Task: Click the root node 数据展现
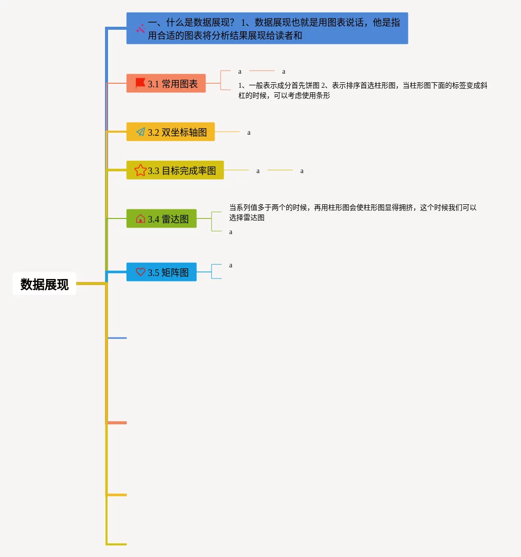click(x=44, y=284)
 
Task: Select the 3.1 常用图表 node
click(x=166, y=84)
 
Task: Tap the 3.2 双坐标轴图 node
click(x=171, y=132)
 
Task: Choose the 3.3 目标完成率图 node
click(x=175, y=171)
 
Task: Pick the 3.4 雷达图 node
click(x=162, y=219)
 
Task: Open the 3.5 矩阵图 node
click(x=162, y=272)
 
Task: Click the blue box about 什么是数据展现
click(x=267, y=29)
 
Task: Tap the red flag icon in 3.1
click(x=140, y=83)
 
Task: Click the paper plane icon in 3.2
click(x=140, y=132)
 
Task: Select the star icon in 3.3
click(x=140, y=171)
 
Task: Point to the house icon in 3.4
click(x=140, y=219)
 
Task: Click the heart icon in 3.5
click(x=140, y=272)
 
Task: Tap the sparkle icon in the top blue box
click(x=140, y=29)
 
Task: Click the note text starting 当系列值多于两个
click(x=352, y=212)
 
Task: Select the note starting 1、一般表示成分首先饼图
click(x=362, y=90)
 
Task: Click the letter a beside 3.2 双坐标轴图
click(x=249, y=133)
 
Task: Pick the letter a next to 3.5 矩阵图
click(x=231, y=265)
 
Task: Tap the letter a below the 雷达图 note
click(x=231, y=232)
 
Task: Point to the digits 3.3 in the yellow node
click(x=153, y=171)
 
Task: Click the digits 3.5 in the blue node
click(x=153, y=273)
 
